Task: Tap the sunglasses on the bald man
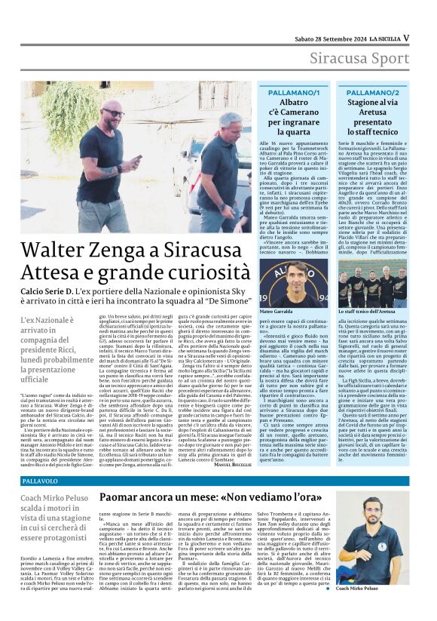(114, 113)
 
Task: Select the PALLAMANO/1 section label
(292, 91)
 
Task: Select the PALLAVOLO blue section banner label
(41, 480)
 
